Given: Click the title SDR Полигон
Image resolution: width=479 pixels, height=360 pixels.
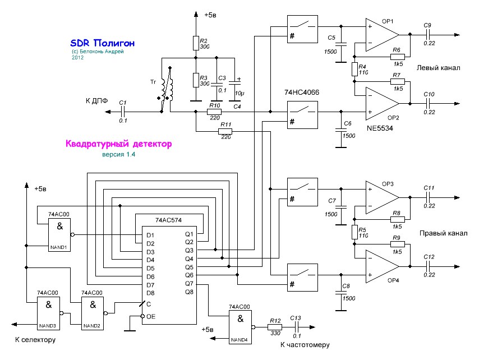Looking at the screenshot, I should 102,43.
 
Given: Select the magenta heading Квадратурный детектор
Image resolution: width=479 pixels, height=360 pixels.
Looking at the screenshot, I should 118,144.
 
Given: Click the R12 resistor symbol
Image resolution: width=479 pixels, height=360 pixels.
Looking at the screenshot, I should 275,328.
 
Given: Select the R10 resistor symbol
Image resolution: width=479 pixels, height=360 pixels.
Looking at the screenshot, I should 214,113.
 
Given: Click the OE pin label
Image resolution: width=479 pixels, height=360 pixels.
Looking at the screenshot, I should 151,317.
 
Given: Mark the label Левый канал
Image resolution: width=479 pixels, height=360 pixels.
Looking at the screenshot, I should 438,68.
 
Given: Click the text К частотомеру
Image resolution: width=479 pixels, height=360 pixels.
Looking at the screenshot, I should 305,345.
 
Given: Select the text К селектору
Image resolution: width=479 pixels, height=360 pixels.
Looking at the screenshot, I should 35,340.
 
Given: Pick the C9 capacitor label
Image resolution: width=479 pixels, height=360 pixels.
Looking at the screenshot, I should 427,26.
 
